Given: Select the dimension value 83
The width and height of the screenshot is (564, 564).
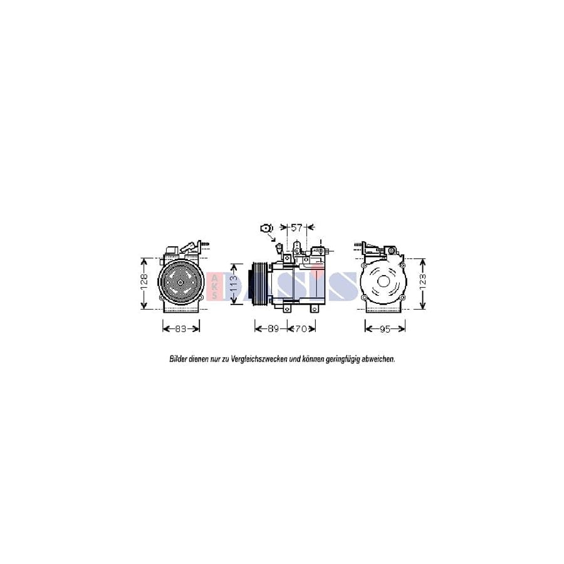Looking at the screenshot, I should (181, 328).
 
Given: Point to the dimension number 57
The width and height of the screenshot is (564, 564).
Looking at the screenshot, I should (296, 227).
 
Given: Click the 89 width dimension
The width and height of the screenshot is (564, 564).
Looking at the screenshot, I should (271, 328).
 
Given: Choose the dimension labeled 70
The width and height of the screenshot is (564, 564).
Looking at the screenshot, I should (301, 328).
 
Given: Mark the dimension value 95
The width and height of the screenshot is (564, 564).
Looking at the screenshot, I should (385, 328).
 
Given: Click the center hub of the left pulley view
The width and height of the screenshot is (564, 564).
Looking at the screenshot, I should (180, 283).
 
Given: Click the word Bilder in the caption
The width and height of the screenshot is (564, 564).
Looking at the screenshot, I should (179, 360).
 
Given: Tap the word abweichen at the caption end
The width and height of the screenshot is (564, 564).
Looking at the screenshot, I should (378, 360).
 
